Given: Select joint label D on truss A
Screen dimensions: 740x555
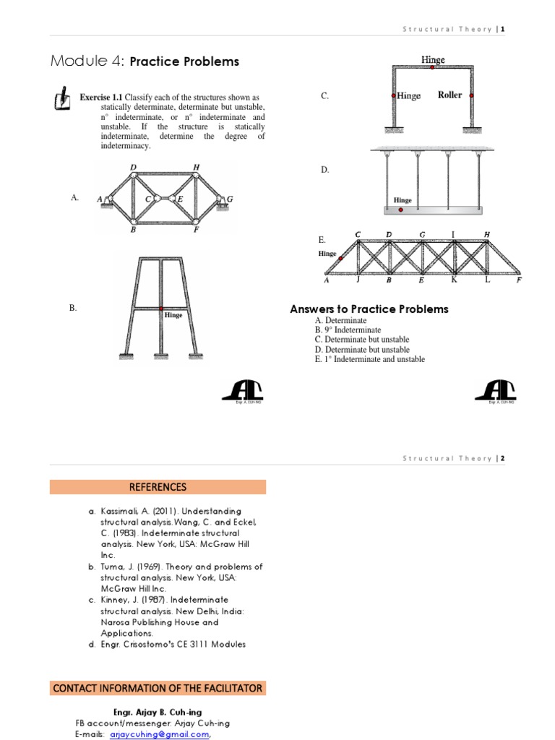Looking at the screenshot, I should [x=134, y=167].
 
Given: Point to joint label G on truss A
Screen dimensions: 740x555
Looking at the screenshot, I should [x=230, y=199].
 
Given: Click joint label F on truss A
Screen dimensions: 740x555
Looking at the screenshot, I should [x=196, y=231].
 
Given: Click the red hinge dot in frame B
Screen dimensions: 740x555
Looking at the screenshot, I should [x=160, y=309].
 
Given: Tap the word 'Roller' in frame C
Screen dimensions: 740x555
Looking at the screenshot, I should [x=449, y=95].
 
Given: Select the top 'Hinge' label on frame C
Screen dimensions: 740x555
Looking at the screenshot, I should [x=433, y=59].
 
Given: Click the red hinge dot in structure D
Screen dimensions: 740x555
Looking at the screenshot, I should [x=401, y=210].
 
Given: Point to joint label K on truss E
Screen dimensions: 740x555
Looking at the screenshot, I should [x=454, y=280].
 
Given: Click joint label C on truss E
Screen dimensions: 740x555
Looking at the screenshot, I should [x=358, y=234].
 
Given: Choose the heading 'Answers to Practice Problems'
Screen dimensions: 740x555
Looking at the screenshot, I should [x=369, y=309].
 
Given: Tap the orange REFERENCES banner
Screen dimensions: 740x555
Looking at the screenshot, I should [x=158, y=487].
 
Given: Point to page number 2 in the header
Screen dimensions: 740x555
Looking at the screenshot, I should [x=502, y=458].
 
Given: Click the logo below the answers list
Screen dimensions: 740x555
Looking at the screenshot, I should [x=496, y=391].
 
